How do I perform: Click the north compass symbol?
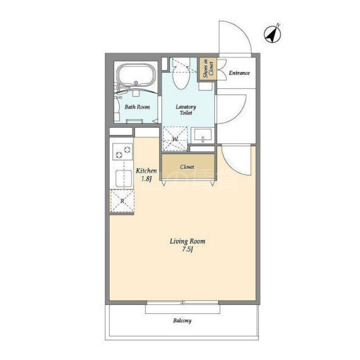point(272,35)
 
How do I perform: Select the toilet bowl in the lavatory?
point(180,77)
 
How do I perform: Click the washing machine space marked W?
point(175,139)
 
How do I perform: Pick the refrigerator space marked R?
point(122,201)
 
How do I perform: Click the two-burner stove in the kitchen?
point(122,152)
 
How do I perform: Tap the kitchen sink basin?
point(124,178)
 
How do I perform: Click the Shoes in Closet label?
point(208,69)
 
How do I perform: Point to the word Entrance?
point(239,73)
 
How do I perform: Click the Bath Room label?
point(137,107)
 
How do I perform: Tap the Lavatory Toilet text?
point(186,110)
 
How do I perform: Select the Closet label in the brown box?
point(187,167)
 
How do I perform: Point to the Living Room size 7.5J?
point(187,249)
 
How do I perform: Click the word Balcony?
point(182,320)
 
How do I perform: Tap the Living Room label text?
point(188,241)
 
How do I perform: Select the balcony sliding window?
point(183,303)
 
